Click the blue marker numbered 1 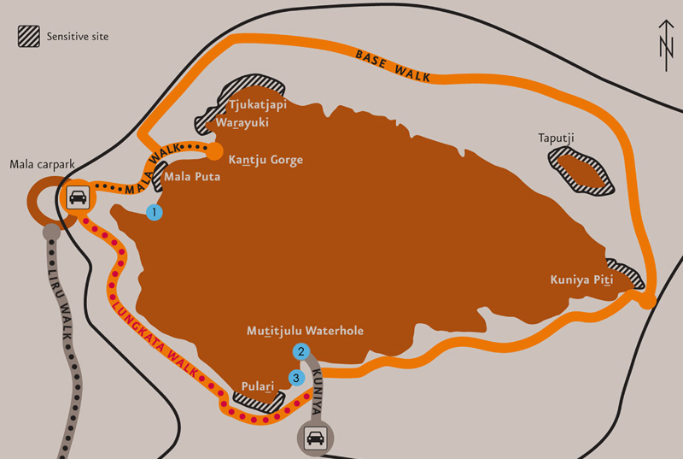pyautogui.click(x=155, y=212)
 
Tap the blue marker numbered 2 pyautogui.click(x=301, y=350)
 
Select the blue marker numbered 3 pyautogui.click(x=296, y=376)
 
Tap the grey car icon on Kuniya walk pyautogui.click(x=315, y=439)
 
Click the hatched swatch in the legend pyautogui.click(x=29, y=37)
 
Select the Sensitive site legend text pyautogui.click(x=78, y=37)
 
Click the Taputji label pyautogui.click(x=556, y=138)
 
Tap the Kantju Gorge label pyautogui.click(x=266, y=160)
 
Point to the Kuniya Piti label pyautogui.click(x=582, y=280)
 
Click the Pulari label pyautogui.click(x=258, y=385)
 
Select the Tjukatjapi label pyautogui.click(x=257, y=105)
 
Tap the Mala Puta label pyautogui.click(x=198, y=178)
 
